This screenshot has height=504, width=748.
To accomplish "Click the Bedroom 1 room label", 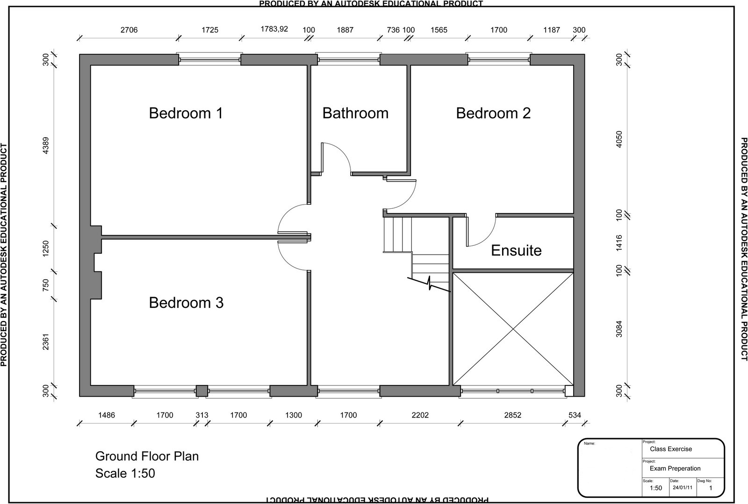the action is point(186,113).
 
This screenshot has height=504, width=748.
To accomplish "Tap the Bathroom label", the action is point(355,113).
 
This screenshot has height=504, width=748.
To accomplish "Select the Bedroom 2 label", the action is point(493,113).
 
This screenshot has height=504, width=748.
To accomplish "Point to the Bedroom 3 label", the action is point(186,303).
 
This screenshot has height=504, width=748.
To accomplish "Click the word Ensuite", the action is point(516,250).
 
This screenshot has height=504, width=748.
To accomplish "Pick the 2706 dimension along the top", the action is point(129,30).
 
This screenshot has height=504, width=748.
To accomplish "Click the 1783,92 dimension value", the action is point(274,29).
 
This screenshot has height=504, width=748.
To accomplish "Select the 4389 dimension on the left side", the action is point(46,145).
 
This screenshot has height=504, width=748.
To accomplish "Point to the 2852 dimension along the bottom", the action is point(512,415).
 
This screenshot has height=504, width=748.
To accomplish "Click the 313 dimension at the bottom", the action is point(201,415).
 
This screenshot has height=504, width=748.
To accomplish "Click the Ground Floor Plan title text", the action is point(147,456).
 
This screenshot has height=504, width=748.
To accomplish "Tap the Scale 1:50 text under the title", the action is point(125,473).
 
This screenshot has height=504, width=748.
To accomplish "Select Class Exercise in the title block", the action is point(671,449).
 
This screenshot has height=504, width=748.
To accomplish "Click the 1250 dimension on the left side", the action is point(46,248).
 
